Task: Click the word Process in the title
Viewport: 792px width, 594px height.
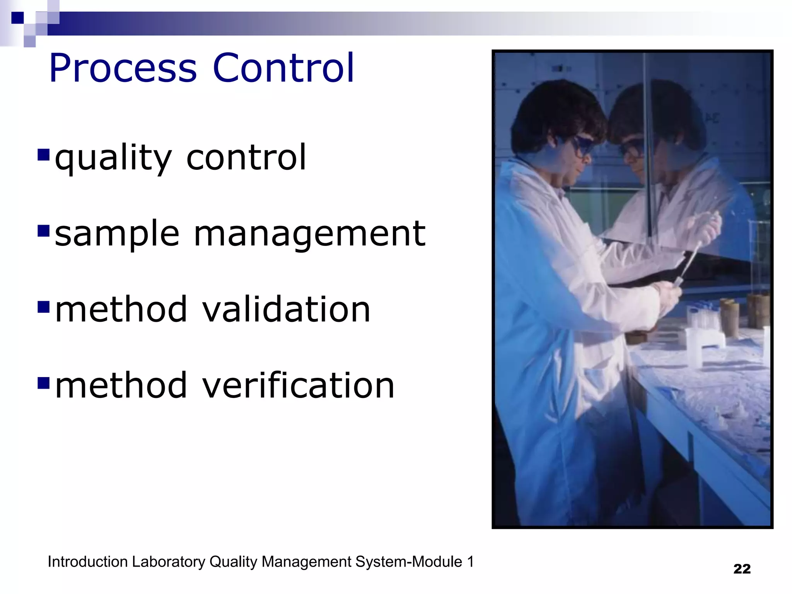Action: [123, 69]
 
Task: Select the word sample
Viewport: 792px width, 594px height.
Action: [117, 234]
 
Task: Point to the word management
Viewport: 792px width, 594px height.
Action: [309, 234]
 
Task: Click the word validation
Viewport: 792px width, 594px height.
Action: [286, 309]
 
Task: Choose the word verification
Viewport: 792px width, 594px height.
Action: [298, 385]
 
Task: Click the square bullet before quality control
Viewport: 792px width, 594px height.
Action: [44, 155]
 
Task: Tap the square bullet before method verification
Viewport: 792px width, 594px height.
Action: [44, 383]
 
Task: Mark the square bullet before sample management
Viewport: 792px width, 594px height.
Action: [44, 231]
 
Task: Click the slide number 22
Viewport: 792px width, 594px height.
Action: [742, 569]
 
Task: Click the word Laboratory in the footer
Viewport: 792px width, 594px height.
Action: [168, 562]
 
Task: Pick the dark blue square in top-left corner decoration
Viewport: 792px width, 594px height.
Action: [17, 18]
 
